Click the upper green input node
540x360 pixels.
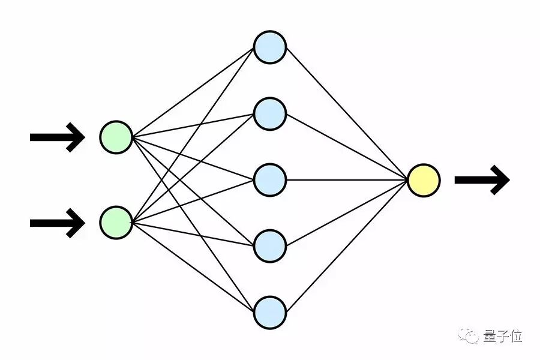click(116, 137)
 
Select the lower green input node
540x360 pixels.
click(116, 223)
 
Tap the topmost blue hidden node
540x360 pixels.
click(269, 47)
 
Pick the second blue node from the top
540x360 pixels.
click(269, 113)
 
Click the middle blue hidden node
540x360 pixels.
click(269, 180)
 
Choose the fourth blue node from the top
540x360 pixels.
click(269, 246)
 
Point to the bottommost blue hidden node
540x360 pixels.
click(269, 312)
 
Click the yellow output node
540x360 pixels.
click(424, 180)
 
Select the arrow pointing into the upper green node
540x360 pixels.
click(57, 137)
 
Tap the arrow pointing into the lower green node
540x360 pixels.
click(57, 223)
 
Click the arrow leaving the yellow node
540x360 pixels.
click(482, 180)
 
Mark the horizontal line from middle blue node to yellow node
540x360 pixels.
click(347, 180)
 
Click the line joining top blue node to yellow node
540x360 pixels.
click(347, 113)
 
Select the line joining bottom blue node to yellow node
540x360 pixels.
click(347, 246)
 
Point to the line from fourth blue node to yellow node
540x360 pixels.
click(347, 213)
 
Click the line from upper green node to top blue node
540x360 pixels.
click(193, 92)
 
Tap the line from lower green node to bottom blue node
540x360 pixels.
click(193, 268)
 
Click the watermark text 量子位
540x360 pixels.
click(503, 337)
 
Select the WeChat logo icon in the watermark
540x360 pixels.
click(469, 337)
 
